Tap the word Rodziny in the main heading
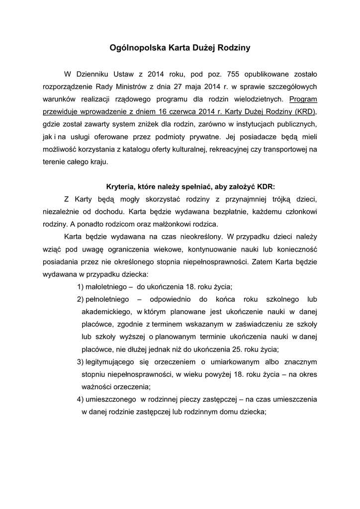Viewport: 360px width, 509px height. [231, 48]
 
